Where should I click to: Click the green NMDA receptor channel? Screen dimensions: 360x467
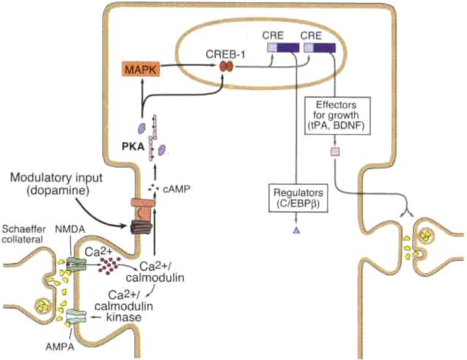click(75, 264)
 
